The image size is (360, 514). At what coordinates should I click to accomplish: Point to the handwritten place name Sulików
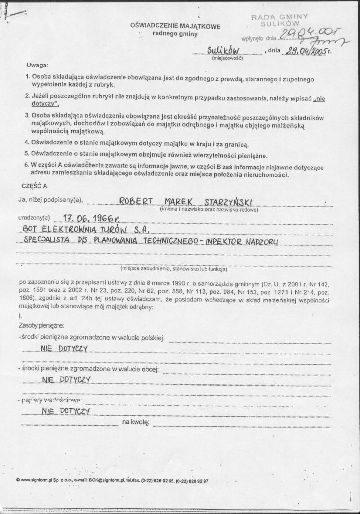click(224, 50)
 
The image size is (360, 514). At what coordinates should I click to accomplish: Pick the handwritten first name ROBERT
click(136, 201)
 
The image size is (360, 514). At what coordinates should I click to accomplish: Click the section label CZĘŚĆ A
click(34, 186)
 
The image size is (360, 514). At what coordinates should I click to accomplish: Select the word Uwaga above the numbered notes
click(38, 66)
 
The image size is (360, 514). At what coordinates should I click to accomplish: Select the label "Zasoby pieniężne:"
click(40, 326)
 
